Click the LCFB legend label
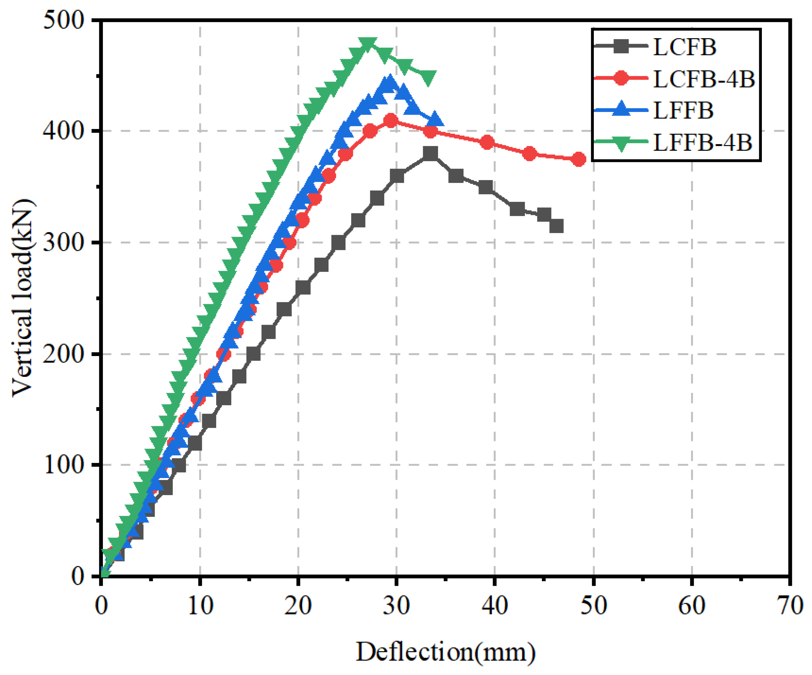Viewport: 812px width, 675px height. click(684, 47)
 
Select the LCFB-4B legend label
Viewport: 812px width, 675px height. click(703, 79)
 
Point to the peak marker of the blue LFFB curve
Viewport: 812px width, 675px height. click(389, 82)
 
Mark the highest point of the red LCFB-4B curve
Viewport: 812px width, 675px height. click(391, 121)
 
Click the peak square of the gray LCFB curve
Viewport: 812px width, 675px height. click(430, 154)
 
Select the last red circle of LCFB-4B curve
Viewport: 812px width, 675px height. click(578, 159)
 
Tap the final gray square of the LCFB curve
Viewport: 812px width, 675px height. click(556, 226)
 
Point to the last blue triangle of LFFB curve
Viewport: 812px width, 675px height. click(435, 119)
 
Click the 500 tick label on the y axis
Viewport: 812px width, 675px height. click(63, 20)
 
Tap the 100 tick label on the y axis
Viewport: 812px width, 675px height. click(63, 465)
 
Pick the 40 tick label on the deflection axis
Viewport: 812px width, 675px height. click(495, 606)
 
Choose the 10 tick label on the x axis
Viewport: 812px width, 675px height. click(200, 606)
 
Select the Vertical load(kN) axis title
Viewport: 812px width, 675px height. click(23, 298)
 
